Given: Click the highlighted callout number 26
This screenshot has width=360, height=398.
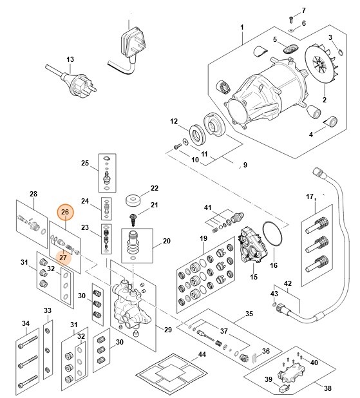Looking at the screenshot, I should pyautogui.click(x=64, y=212).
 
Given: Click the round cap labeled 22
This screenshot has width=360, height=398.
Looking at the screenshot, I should pyautogui.click(x=135, y=198).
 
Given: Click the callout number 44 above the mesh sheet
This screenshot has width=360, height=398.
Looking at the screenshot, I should pyautogui.click(x=202, y=354).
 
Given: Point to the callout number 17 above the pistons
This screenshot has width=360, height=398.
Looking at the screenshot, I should pyautogui.click(x=309, y=196).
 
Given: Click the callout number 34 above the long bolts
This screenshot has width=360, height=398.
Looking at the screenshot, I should pyautogui.click(x=26, y=323).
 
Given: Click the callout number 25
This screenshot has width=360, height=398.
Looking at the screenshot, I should pyautogui.click(x=85, y=163).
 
